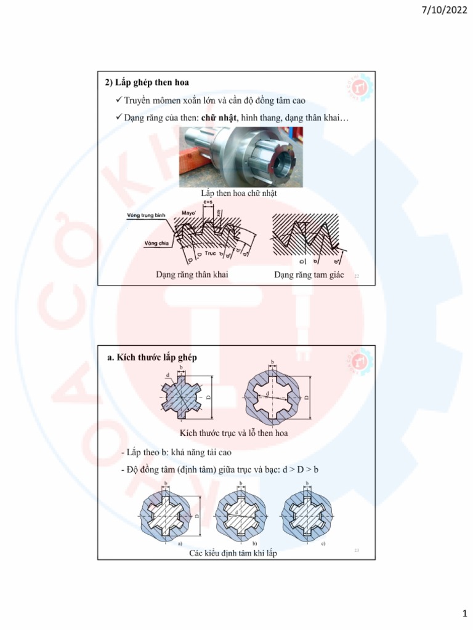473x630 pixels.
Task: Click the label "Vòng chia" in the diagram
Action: (x=140, y=243)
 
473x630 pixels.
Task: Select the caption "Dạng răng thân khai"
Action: (x=192, y=274)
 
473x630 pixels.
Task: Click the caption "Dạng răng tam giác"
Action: (x=309, y=274)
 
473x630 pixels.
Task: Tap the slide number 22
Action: (x=356, y=277)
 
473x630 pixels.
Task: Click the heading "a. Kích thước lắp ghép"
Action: (x=152, y=357)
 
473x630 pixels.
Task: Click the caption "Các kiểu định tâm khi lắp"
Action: (x=233, y=554)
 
